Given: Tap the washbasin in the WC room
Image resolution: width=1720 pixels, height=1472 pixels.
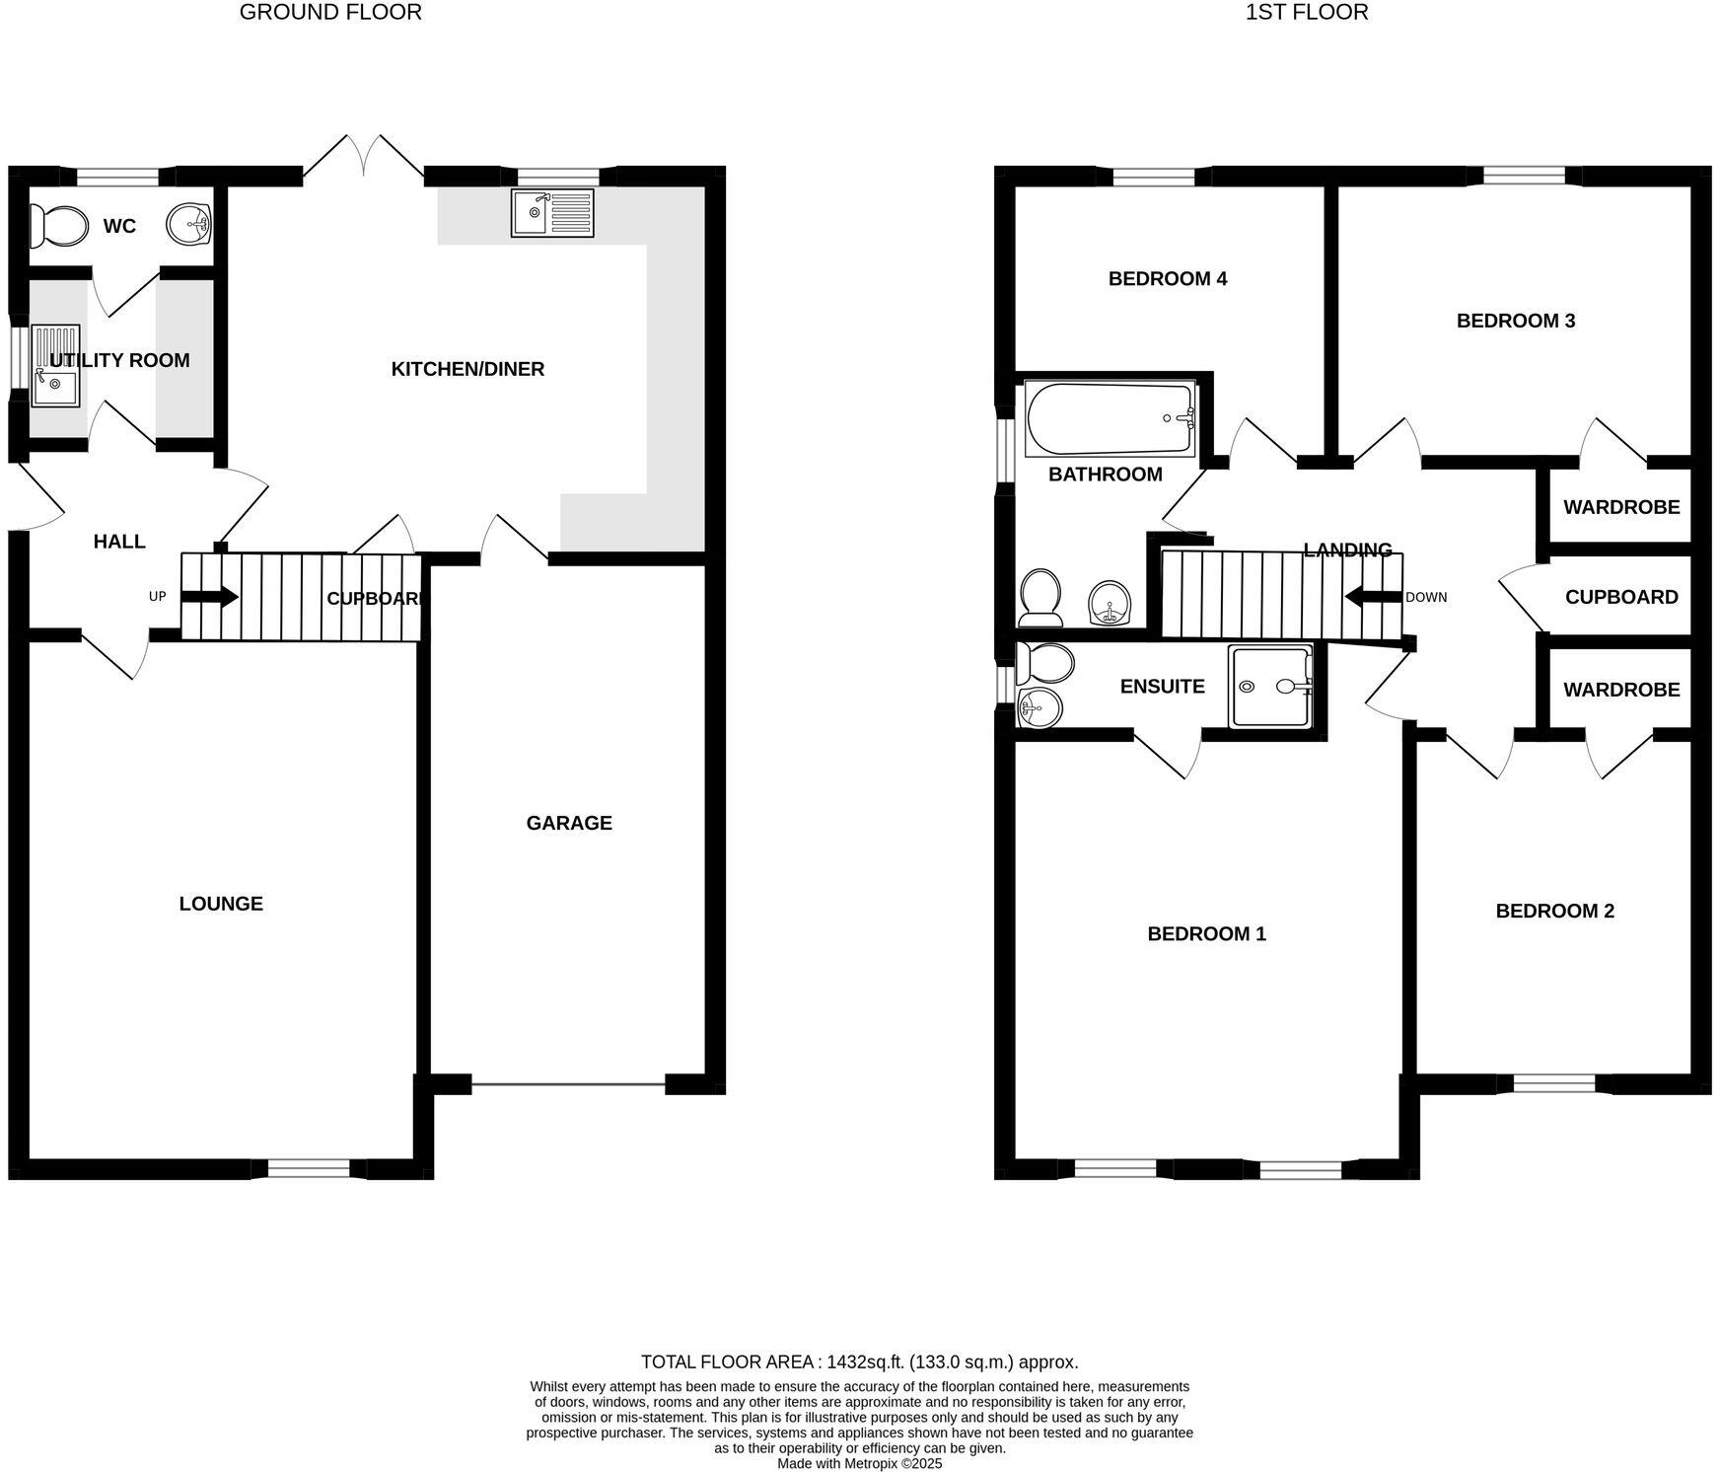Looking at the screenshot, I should pos(188,224).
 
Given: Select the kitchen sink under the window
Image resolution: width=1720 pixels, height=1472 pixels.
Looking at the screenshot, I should pos(552,213).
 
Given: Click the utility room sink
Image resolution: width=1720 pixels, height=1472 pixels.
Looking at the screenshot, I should pos(55,365).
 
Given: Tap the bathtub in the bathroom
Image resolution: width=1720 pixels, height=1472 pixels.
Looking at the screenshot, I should pos(1110,418).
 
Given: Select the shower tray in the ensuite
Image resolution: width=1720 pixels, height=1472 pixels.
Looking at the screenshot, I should pos(1270,687).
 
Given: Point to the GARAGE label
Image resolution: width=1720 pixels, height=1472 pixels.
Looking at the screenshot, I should pos(569,823).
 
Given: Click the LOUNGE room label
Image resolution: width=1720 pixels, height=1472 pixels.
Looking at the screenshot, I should pos(221,904).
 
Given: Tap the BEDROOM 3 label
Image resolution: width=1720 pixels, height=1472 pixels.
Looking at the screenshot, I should pos(1515,321).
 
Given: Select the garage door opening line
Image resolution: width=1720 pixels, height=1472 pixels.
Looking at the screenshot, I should pos(569,1085).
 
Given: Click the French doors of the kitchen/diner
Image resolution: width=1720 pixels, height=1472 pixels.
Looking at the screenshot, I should pos(364,158).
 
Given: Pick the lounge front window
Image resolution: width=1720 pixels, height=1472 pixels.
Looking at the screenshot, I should pos(309,1169).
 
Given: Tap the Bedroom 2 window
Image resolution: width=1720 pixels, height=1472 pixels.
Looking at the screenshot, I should pos(1554,1084).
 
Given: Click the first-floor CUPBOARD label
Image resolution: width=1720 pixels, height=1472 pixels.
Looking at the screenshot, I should pos(1620,597).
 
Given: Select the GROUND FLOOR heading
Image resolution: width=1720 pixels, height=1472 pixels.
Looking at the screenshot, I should pos(330,13).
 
